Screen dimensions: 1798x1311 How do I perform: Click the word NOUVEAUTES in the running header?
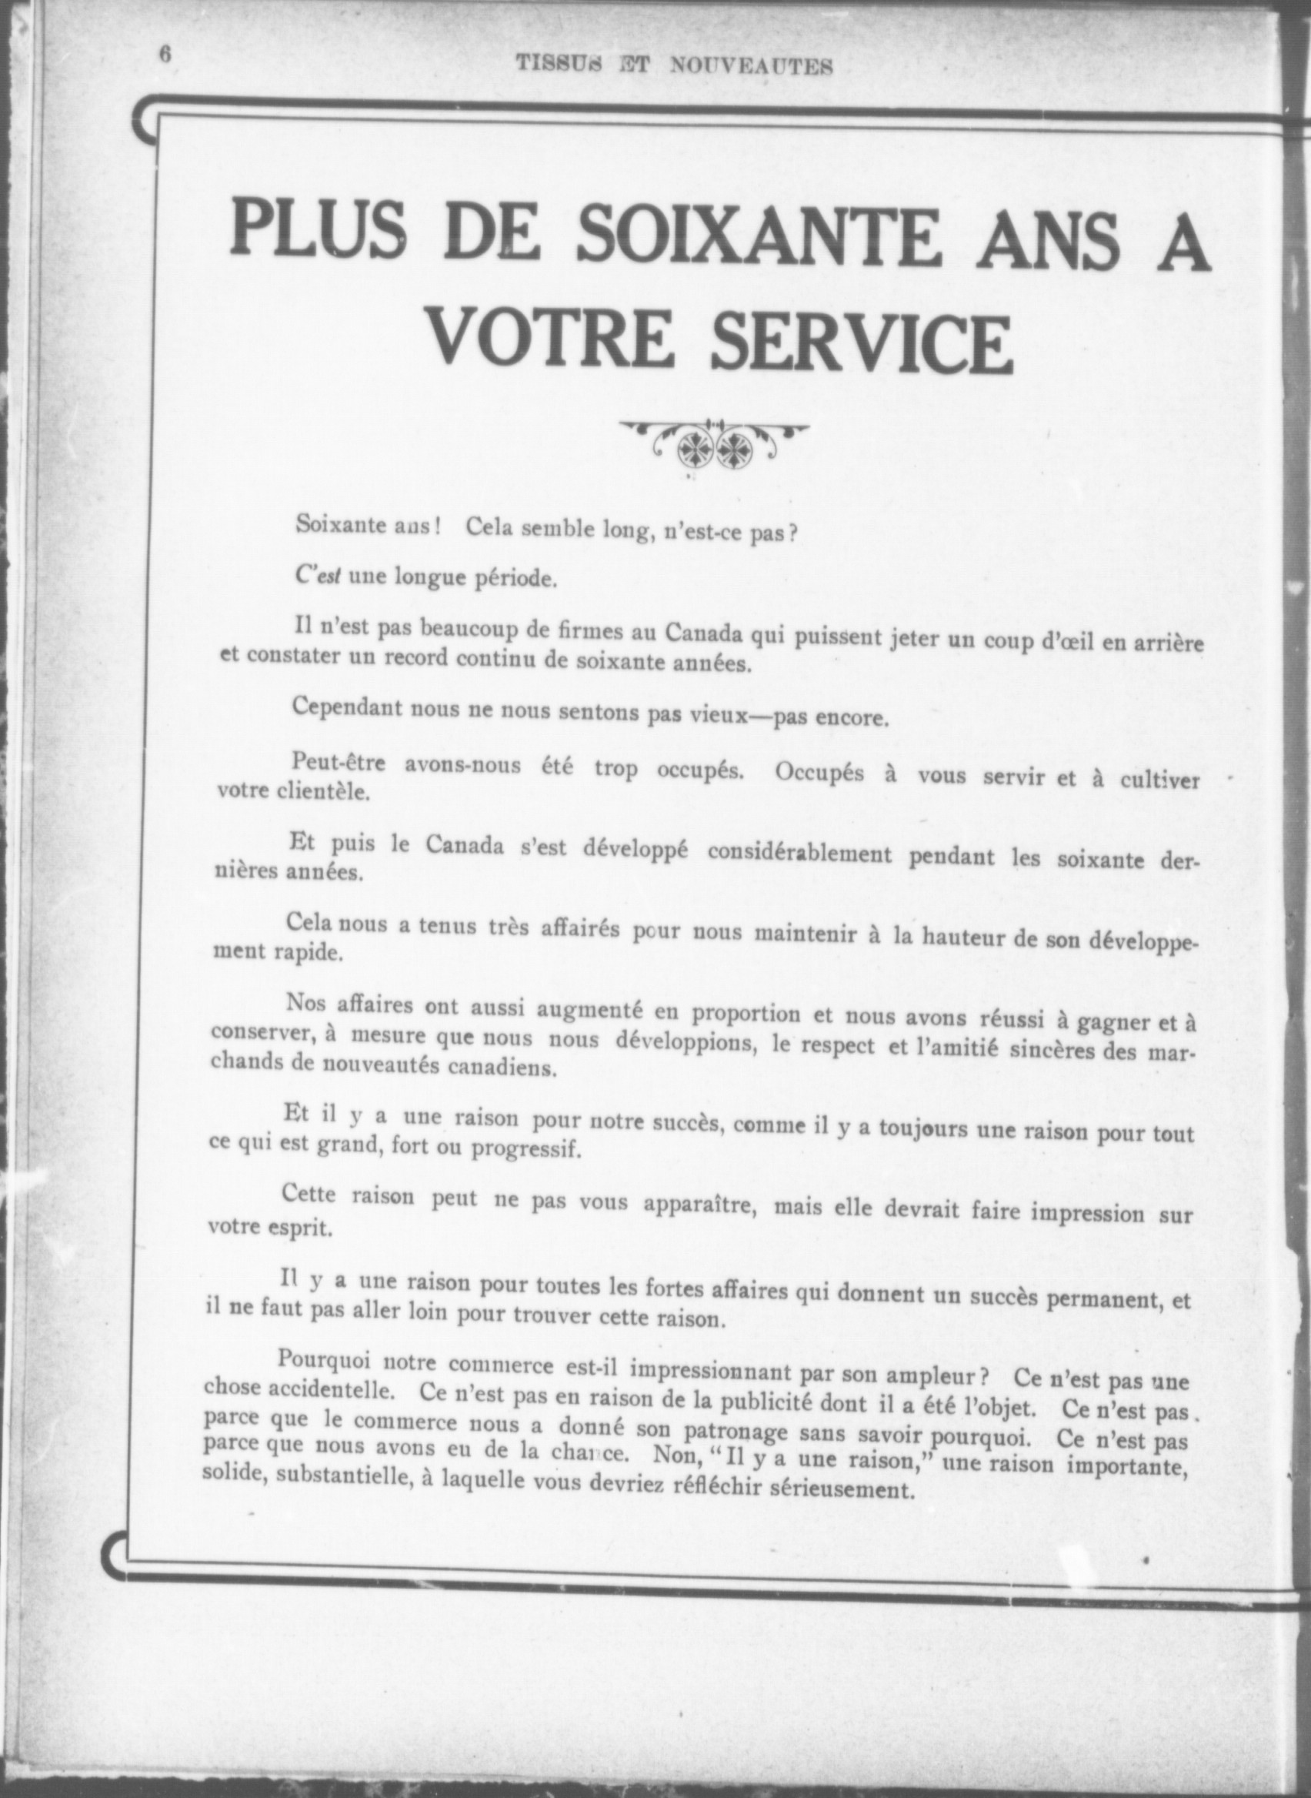(x=752, y=66)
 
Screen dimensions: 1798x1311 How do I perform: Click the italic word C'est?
(x=317, y=577)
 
